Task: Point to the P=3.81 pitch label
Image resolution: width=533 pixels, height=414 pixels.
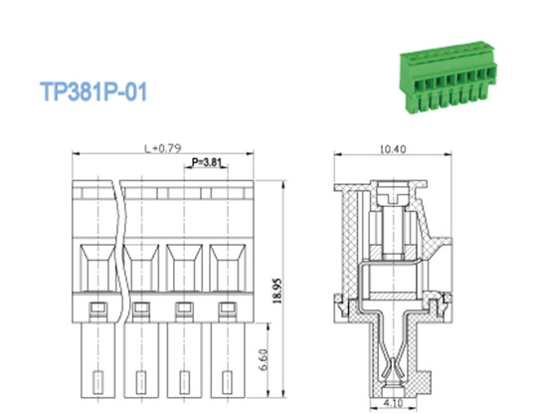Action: tap(206, 161)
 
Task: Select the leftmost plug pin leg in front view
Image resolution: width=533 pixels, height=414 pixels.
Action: tap(97, 364)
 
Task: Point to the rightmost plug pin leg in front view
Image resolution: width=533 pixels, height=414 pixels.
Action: tap(228, 364)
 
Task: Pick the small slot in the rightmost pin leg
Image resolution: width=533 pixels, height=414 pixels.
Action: tap(228, 379)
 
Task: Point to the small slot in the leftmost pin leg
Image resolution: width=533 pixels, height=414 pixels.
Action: tap(97, 379)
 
